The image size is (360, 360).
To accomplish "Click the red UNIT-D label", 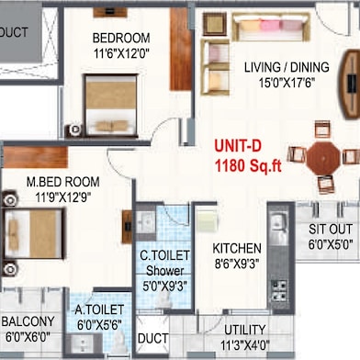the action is pos(238,146).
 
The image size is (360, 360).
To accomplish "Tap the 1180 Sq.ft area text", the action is pos(248,166).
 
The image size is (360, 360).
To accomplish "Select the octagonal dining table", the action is pos(323,158).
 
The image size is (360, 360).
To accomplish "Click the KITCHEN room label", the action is pos(237,249).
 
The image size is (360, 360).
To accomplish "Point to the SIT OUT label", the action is pos(331,229).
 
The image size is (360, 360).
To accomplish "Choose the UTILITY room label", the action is pos(245,330).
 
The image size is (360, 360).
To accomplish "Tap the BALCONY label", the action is pos(28,321).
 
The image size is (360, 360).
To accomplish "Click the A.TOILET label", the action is pos(99,309).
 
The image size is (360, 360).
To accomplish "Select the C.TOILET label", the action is pos(164,255).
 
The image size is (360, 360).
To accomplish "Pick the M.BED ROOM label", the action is pos(63,182).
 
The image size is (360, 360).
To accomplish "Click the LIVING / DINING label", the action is pos(287,67).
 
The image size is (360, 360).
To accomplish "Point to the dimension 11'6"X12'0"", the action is pos(121,54).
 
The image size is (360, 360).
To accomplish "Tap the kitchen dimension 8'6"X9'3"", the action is pos(237,264).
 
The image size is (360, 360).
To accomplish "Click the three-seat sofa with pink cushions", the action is pos(271,27).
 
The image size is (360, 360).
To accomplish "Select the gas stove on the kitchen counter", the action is pos(279,290).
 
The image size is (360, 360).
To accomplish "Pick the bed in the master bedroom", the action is pos(34,233).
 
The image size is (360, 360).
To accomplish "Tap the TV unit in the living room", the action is pos(350,84).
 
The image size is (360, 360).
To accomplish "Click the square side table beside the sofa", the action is pos(215,24).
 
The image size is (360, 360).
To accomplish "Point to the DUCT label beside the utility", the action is pos(152,339).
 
